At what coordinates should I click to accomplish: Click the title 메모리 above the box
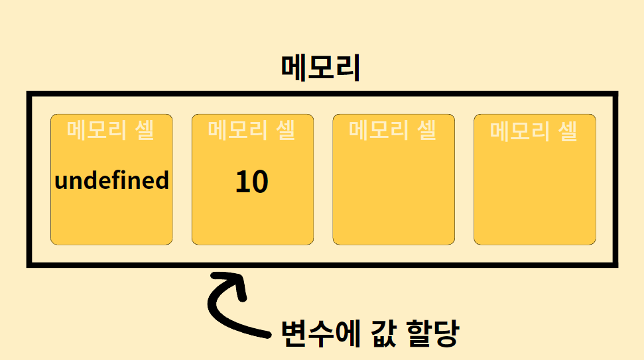320,68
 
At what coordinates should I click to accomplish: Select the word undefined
111,180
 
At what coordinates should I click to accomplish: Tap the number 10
252,182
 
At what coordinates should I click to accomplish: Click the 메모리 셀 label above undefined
111,130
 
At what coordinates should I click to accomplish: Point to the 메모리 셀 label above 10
252,130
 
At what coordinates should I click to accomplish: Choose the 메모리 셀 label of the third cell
393,130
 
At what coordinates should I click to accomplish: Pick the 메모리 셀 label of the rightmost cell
534,131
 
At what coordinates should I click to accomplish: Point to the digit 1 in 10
242,182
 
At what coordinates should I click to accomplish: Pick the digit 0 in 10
260,182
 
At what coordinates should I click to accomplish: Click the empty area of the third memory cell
393,192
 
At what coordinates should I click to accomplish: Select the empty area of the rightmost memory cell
535,192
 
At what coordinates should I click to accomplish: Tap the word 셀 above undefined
143,130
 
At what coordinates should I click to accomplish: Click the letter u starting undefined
61,182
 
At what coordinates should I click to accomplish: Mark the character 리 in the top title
348,68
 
